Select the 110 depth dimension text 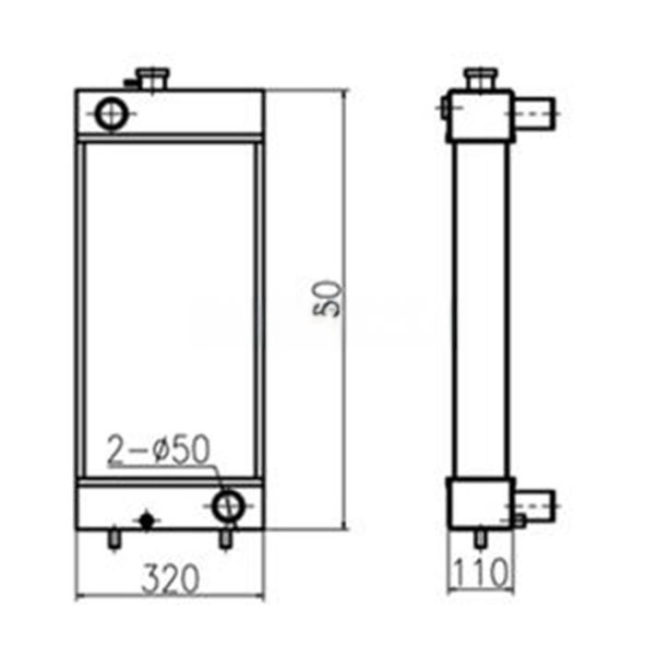479,574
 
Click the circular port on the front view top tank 110,114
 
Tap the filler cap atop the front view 152,78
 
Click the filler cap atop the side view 478,78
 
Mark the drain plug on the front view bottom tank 145,520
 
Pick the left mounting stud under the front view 113,538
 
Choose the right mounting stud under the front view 224,538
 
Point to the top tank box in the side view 478,116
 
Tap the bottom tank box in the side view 479,502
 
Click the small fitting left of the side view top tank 445,109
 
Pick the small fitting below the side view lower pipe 520,521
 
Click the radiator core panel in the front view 169,309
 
